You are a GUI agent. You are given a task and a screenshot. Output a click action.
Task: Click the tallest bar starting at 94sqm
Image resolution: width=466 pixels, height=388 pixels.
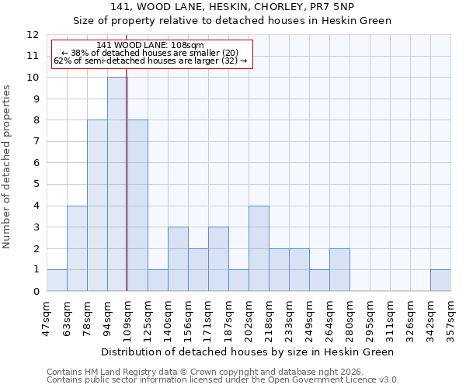pos(116,184)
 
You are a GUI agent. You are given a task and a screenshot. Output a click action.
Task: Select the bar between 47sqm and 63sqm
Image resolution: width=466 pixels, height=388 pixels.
pos(57,280)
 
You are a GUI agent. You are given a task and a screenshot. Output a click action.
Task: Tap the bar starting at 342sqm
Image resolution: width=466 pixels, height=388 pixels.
pos(440,280)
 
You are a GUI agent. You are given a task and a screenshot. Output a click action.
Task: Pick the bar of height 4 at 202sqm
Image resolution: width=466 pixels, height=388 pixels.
pos(259,248)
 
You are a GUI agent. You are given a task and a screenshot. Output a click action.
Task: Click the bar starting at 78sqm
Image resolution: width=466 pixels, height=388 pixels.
pos(97,206)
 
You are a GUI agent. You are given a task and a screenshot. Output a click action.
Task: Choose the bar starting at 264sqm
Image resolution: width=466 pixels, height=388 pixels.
pos(339,269)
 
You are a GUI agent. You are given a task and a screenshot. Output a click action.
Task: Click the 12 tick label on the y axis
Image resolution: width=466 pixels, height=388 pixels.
pos(33,35)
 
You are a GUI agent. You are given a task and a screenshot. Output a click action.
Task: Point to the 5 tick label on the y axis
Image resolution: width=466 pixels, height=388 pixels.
pos(36,185)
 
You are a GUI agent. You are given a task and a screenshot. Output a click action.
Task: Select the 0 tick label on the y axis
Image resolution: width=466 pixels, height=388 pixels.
pos(36,292)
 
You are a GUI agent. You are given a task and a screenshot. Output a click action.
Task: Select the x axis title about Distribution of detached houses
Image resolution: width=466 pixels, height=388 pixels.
pos(248,352)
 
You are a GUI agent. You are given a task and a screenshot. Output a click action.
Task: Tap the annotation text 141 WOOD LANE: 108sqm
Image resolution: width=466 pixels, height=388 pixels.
pos(151,45)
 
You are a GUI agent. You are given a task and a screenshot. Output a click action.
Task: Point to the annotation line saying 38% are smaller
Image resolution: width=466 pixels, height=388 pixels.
pos(151,53)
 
